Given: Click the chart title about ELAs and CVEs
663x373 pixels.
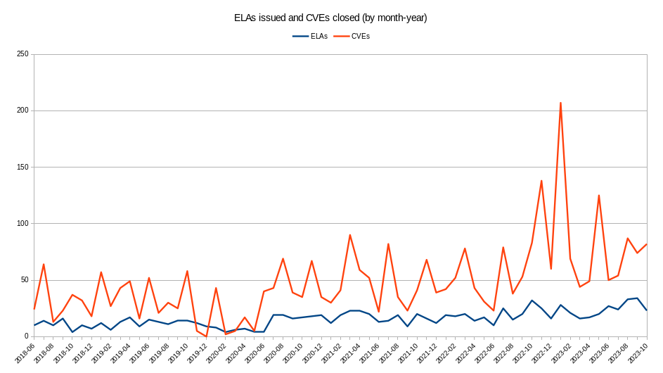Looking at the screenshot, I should click(x=330, y=18).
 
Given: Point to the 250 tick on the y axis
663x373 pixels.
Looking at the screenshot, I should click(x=21, y=54).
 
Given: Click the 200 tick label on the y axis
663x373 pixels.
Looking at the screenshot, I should click(x=21, y=110).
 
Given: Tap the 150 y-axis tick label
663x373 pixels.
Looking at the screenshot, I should click(x=21, y=167).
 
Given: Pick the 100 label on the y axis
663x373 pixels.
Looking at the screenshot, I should click(x=21, y=224).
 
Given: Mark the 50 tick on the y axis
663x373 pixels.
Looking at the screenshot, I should click(x=23, y=280).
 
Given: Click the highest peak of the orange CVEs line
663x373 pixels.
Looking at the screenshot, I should click(x=560, y=103).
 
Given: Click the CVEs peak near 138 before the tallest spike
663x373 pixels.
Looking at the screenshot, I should click(x=541, y=181).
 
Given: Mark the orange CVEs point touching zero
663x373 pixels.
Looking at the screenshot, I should click(x=206, y=336).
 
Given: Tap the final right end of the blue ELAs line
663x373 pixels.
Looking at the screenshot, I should click(x=646, y=310).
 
